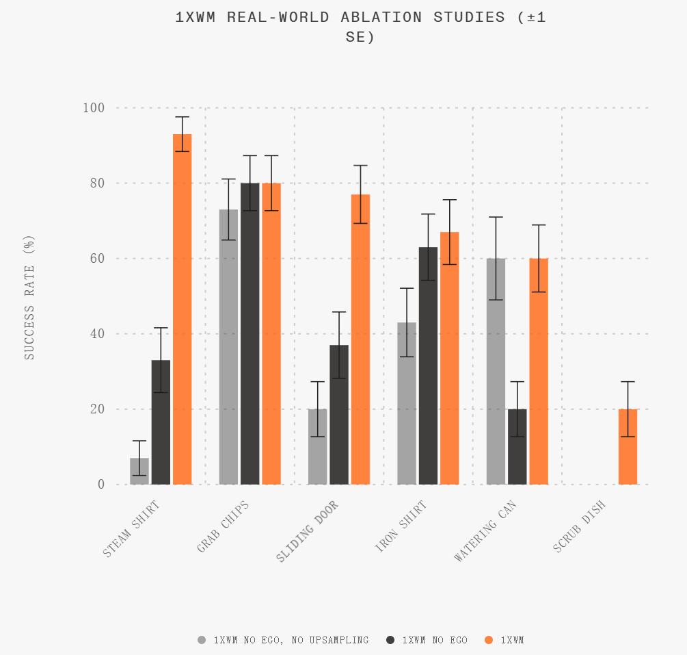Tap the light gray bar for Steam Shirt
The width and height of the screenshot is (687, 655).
coord(139,472)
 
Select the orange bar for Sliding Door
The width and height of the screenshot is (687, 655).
coord(360,339)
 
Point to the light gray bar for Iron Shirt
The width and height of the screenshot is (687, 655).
coord(407,403)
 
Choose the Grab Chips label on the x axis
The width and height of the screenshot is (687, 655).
coord(222,527)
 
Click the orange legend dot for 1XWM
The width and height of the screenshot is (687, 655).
coord(488,640)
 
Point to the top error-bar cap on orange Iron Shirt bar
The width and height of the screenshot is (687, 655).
coord(449,200)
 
